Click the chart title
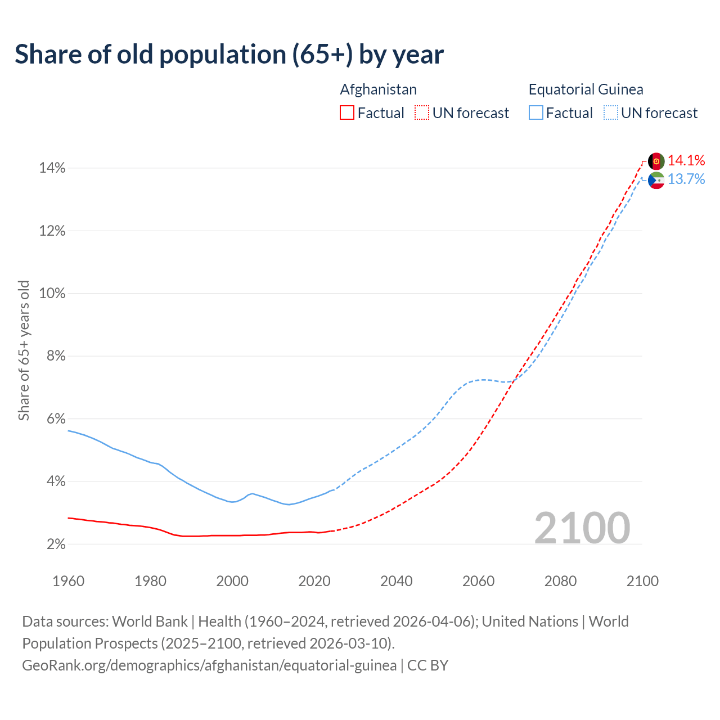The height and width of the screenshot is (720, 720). tap(229, 55)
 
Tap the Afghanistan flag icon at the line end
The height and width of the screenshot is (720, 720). tap(656, 161)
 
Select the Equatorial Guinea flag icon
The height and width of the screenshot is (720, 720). tap(656, 181)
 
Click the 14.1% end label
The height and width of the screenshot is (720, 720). tap(686, 160)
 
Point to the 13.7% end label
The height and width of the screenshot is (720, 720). tap(686, 179)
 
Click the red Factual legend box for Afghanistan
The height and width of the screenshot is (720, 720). tap(347, 113)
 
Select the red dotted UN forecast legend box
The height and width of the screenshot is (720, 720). tap(422, 113)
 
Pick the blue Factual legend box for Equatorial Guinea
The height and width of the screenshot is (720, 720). tap(536, 113)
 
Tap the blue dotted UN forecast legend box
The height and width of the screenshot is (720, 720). tap(610, 113)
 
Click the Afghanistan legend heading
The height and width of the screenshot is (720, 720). tap(378, 89)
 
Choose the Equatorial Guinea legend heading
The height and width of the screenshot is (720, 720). tap(586, 89)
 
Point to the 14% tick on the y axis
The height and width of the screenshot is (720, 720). tap(52, 168)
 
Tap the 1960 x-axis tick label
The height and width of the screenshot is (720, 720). tap(68, 581)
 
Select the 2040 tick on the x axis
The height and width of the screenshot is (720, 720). tap(396, 581)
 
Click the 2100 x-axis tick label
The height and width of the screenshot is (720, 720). tap(642, 581)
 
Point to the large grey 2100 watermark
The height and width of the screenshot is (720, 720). tap(582, 528)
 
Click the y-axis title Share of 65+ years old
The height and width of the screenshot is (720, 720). tap(24, 350)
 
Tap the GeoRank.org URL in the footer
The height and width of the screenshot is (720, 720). tap(209, 665)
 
